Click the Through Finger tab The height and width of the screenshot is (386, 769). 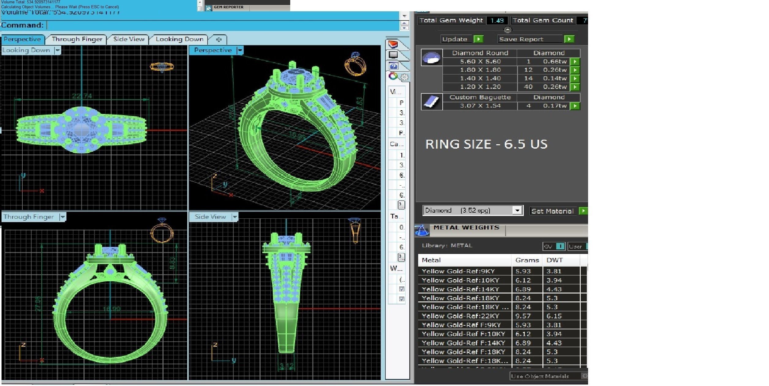(x=77, y=39)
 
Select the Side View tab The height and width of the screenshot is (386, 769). (x=129, y=39)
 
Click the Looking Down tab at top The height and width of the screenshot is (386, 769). (x=179, y=39)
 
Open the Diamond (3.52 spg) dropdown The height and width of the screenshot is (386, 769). (x=517, y=210)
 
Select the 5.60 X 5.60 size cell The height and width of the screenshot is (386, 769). (x=480, y=62)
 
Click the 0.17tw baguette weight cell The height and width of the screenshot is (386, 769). (x=554, y=106)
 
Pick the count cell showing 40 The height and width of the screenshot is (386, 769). (x=528, y=87)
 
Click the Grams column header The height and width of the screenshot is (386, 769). (x=527, y=260)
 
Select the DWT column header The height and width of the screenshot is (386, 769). (x=554, y=260)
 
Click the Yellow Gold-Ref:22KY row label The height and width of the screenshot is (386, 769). (x=460, y=316)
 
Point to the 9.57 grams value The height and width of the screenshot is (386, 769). (x=523, y=316)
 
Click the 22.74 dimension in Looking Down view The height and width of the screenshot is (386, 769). (x=82, y=96)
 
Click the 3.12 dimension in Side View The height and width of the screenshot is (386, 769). (x=287, y=366)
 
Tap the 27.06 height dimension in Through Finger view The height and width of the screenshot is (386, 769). (x=38, y=304)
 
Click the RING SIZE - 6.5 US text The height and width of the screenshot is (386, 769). (x=486, y=144)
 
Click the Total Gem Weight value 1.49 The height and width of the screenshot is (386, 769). (x=497, y=21)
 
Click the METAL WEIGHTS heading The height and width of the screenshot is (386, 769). (x=466, y=228)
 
